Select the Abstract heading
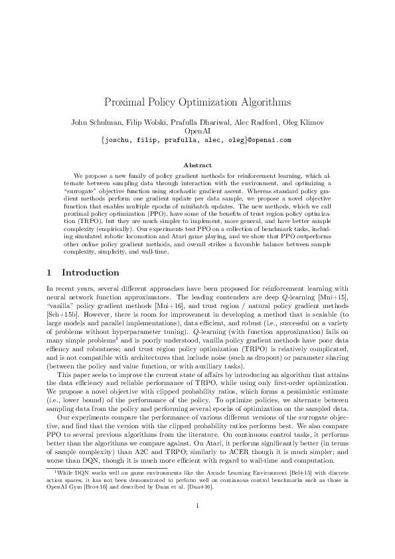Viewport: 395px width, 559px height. point(197,165)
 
